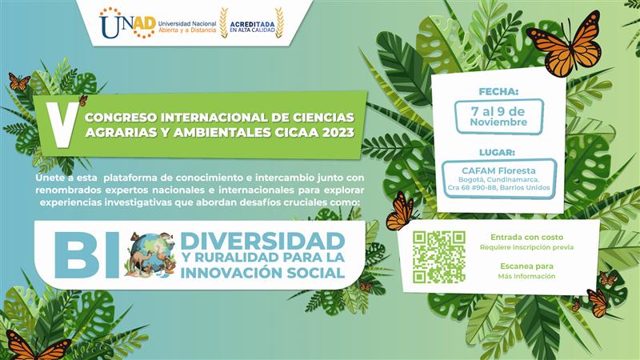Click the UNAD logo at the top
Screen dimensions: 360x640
(x=127, y=22)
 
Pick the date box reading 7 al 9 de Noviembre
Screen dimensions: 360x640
(x=499, y=116)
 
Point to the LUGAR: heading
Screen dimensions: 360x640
(x=499, y=152)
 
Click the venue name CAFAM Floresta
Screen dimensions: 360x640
(x=499, y=170)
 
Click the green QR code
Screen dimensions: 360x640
(x=438, y=257)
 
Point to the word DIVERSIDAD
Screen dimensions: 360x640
(x=262, y=239)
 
